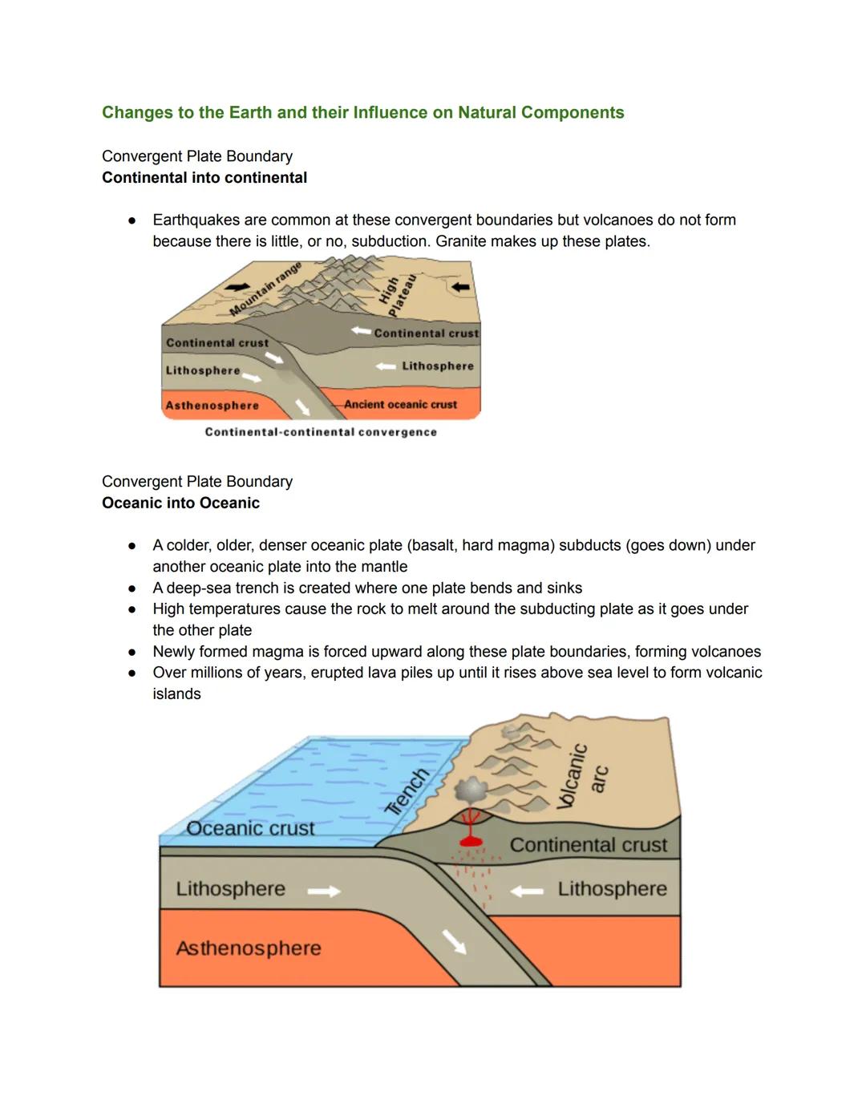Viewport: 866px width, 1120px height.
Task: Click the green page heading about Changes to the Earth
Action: coord(362,113)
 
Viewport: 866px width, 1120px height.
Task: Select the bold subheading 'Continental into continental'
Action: coord(204,178)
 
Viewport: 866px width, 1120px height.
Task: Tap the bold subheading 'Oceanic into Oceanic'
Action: coord(180,503)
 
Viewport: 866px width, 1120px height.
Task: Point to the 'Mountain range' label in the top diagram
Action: coord(265,289)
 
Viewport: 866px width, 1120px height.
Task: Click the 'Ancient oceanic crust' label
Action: coord(400,405)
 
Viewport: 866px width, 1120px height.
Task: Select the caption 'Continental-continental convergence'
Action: coord(321,432)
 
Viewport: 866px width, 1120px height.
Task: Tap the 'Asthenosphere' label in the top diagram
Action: coord(212,406)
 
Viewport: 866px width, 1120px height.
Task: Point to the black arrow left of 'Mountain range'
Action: coord(237,287)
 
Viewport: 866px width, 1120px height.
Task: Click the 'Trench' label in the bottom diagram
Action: coord(407,791)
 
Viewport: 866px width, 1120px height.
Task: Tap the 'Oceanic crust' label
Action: coord(250,829)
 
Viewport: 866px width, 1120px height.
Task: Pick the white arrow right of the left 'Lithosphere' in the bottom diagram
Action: coord(324,891)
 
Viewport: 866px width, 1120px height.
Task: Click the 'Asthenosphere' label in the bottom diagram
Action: coord(249,948)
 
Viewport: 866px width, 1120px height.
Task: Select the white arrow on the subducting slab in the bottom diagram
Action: coord(455,942)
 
